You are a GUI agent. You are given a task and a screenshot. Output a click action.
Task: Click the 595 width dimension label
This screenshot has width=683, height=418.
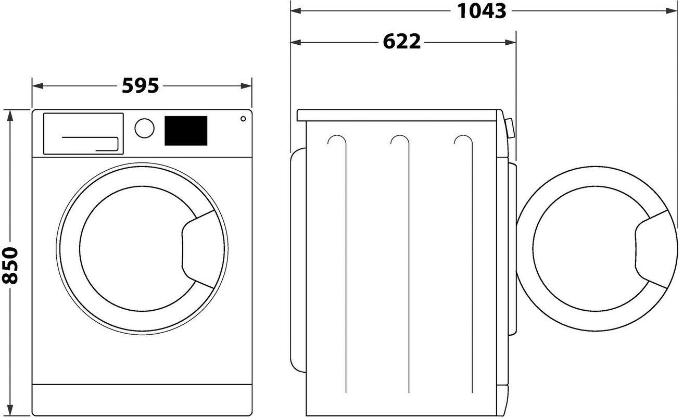point(140,85)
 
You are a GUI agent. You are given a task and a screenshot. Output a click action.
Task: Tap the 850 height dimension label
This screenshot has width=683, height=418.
point(10,265)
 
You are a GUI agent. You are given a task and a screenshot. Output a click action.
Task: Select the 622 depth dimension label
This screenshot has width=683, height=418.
point(401,42)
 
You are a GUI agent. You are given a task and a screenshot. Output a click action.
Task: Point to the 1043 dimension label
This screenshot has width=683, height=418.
point(482,11)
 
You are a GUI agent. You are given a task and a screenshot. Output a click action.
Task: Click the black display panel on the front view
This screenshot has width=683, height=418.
point(186,131)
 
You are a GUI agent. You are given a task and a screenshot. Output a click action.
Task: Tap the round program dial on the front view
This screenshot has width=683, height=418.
point(144,128)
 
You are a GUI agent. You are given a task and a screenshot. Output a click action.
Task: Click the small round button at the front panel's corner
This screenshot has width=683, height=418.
point(243,119)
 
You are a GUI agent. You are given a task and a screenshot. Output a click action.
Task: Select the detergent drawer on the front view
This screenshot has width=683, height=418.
point(83,134)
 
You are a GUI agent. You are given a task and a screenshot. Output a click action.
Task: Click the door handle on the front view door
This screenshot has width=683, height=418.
point(198,249)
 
